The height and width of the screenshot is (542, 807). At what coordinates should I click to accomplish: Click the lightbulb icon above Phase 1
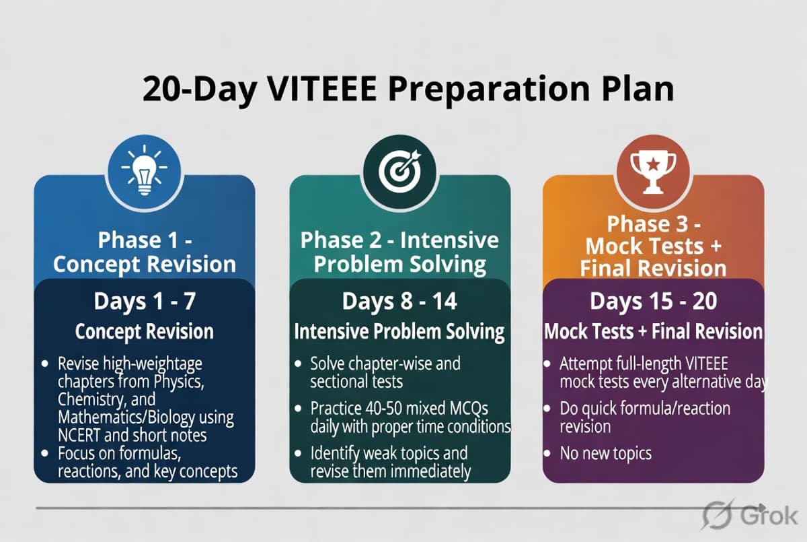144,169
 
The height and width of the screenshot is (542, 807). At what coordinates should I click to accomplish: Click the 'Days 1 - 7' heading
144,301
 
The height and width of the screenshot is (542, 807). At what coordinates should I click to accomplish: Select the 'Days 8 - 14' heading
399,301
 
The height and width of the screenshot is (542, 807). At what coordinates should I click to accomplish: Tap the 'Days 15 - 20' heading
653,301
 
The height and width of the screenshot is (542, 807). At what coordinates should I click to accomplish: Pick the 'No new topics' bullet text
605,453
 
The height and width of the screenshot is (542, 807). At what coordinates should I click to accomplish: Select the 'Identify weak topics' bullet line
388,452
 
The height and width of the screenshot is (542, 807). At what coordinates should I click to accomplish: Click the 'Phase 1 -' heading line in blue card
144,240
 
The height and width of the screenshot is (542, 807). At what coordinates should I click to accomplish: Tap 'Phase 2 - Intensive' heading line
399,240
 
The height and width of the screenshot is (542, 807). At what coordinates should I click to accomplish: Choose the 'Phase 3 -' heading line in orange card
653,224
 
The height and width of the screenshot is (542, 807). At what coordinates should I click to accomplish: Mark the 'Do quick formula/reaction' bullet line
644,409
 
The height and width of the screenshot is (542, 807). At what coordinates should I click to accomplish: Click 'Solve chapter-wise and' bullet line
385,364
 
